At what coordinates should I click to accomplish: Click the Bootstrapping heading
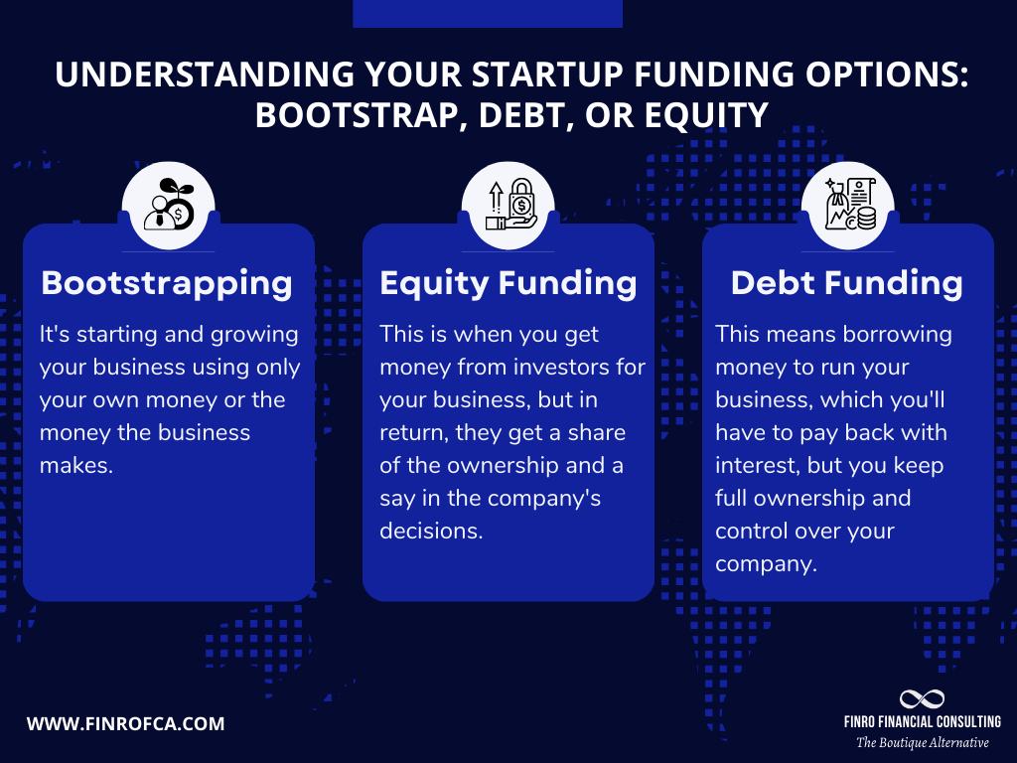167,283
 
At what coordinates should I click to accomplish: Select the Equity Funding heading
508,283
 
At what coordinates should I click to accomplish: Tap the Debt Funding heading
846,283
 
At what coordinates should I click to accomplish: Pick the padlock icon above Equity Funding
508,206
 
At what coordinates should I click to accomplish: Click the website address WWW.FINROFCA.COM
125,723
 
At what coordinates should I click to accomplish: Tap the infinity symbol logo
921,699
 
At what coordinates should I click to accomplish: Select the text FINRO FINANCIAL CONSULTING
922,722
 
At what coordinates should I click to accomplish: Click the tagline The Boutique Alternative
922,743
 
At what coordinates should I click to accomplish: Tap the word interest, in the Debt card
757,465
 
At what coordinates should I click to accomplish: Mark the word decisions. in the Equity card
431,531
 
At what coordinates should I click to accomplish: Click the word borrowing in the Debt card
897,335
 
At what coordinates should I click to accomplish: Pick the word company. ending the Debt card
766,563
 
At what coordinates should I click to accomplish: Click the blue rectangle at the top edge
488,13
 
